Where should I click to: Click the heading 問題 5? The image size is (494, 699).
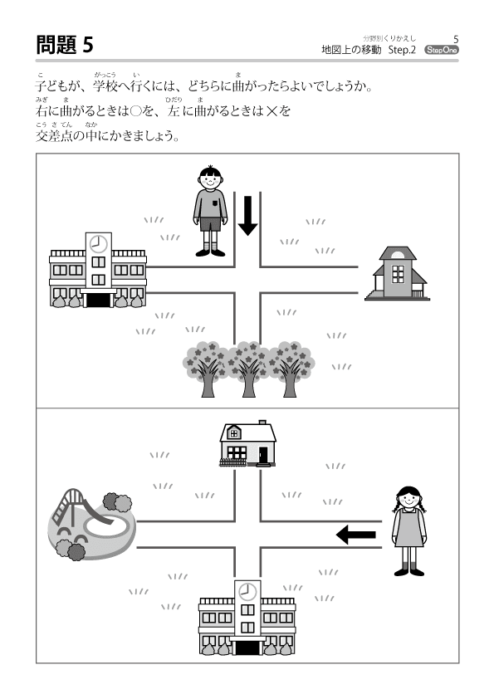(x=65, y=45)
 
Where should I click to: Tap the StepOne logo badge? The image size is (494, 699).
(x=441, y=50)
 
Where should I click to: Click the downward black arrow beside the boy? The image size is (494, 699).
(x=248, y=216)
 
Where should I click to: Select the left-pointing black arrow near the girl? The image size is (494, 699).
(x=356, y=534)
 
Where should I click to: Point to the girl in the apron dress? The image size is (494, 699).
(x=408, y=531)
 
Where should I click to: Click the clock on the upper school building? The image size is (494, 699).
(x=98, y=244)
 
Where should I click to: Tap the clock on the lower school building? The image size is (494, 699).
(x=247, y=592)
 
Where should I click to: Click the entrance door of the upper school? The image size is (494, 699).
(x=98, y=300)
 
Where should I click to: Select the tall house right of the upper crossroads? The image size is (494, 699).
(x=397, y=273)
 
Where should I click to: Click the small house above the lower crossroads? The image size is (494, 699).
(x=248, y=444)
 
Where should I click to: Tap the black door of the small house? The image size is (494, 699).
(x=263, y=455)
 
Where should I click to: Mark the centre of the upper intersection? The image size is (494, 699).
(x=247, y=280)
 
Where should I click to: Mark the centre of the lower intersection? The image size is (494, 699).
(x=247, y=534)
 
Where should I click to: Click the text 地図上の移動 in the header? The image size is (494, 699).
(x=351, y=50)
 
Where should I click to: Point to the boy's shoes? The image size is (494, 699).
(x=210, y=252)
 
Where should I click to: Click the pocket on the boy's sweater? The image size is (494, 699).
(x=215, y=203)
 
